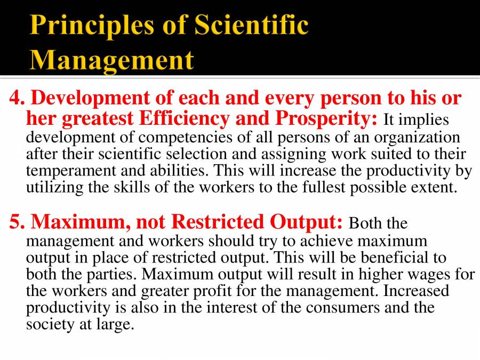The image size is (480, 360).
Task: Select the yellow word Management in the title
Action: tap(111, 59)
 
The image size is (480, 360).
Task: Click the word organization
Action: tap(417, 137)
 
